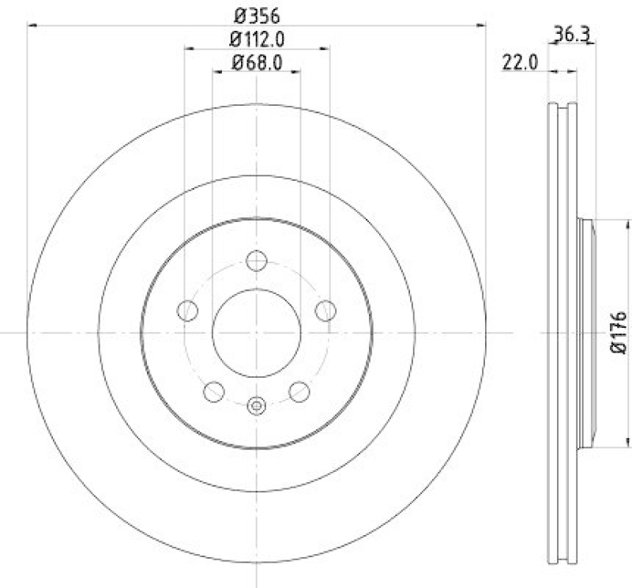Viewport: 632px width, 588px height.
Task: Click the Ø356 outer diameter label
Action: (256, 13)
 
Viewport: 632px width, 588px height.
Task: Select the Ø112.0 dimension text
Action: (256, 39)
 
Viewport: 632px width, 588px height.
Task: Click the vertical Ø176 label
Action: (619, 333)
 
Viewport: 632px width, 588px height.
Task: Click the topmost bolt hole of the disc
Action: (257, 260)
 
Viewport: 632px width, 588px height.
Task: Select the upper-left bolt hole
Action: (187, 311)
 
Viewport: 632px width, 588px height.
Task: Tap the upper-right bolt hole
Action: (325, 311)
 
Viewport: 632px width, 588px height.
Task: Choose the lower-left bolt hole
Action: (214, 391)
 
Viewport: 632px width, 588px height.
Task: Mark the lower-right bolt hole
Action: (299, 391)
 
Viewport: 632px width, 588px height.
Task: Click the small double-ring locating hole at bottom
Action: (257, 406)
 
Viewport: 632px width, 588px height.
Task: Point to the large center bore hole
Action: (257, 333)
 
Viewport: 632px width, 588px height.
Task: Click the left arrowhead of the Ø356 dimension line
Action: (32, 26)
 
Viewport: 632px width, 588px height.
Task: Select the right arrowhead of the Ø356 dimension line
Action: (482, 26)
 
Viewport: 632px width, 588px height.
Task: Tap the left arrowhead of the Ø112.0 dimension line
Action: (189, 49)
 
